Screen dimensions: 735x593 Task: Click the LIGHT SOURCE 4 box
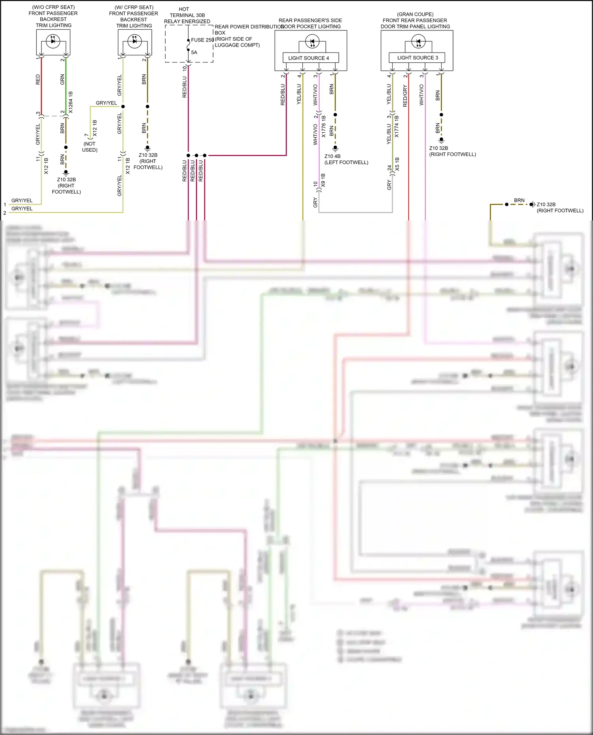(x=310, y=58)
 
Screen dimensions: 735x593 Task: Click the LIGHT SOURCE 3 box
(x=417, y=57)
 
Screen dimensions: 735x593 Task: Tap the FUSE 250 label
(x=202, y=40)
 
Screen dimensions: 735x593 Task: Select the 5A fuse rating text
(x=194, y=52)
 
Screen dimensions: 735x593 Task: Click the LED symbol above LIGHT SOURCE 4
(x=312, y=41)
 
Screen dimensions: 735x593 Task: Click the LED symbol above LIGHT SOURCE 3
(x=418, y=41)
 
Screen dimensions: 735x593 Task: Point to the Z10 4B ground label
(x=332, y=156)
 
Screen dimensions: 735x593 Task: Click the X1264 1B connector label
(x=71, y=102)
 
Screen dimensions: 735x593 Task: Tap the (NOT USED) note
(x=90, y=147)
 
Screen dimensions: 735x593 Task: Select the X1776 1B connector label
(x=324, y=126)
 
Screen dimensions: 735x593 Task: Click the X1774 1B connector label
(x=397, y=126)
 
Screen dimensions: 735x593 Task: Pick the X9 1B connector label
(x=323, y=180)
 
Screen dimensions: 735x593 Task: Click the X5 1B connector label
(x=397, y=164)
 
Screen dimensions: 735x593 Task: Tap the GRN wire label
(x=62, y=79)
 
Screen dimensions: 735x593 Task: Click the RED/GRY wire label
(x=405, y=96)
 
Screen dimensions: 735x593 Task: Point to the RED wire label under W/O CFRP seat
(x=38, y=79)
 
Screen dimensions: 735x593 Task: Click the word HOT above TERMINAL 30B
(x=184, y=9)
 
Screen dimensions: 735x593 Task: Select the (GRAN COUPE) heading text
(x=415, y=14)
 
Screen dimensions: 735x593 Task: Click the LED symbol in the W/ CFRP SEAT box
(x=134, y=41)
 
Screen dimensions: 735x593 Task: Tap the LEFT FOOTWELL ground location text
(x=346, y=162)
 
